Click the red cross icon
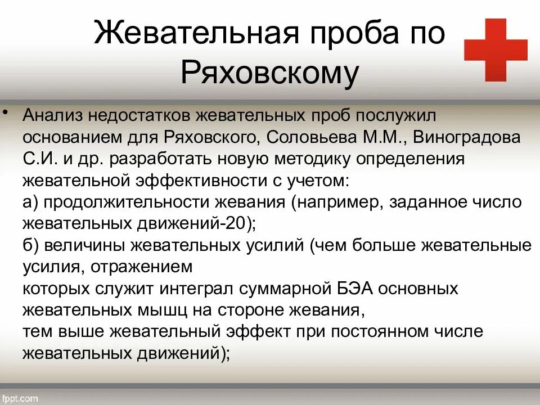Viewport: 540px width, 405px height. [496, 49]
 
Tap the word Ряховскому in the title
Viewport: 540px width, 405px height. [269, 73]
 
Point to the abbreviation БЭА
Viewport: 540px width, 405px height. [353, 289]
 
